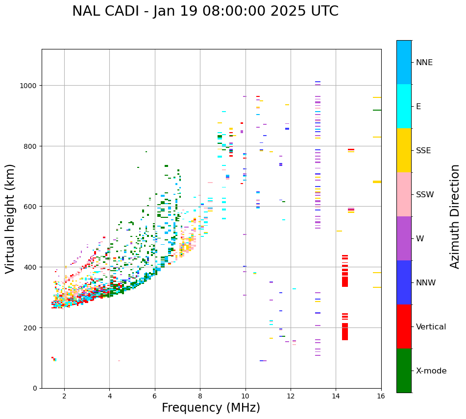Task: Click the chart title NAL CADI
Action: click(x=205, y=11)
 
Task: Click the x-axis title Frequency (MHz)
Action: click(x=211, y=408)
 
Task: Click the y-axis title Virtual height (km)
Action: click(x=10, y=218)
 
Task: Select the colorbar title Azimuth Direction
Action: click(x=455, y=216)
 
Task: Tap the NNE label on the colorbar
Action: click(x=424, y=63)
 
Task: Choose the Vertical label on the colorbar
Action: click(x=431, y=327)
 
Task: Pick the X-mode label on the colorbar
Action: click(x=431, y=371)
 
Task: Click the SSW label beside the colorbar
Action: click(x=425, y=195)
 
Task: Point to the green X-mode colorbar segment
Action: click(x=404, y=371)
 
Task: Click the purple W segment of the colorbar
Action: click(x=404, y=238)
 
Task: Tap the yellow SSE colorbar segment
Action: click(x=404, y=150)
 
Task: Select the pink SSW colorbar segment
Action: click(x=404, y=194)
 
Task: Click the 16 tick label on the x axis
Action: click(x=381, y=396)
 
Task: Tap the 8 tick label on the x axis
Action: click(x=200, y=396)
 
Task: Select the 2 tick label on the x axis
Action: click(x=64, y=396)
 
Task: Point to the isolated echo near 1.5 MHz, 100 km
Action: click(x=54, y=359)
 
